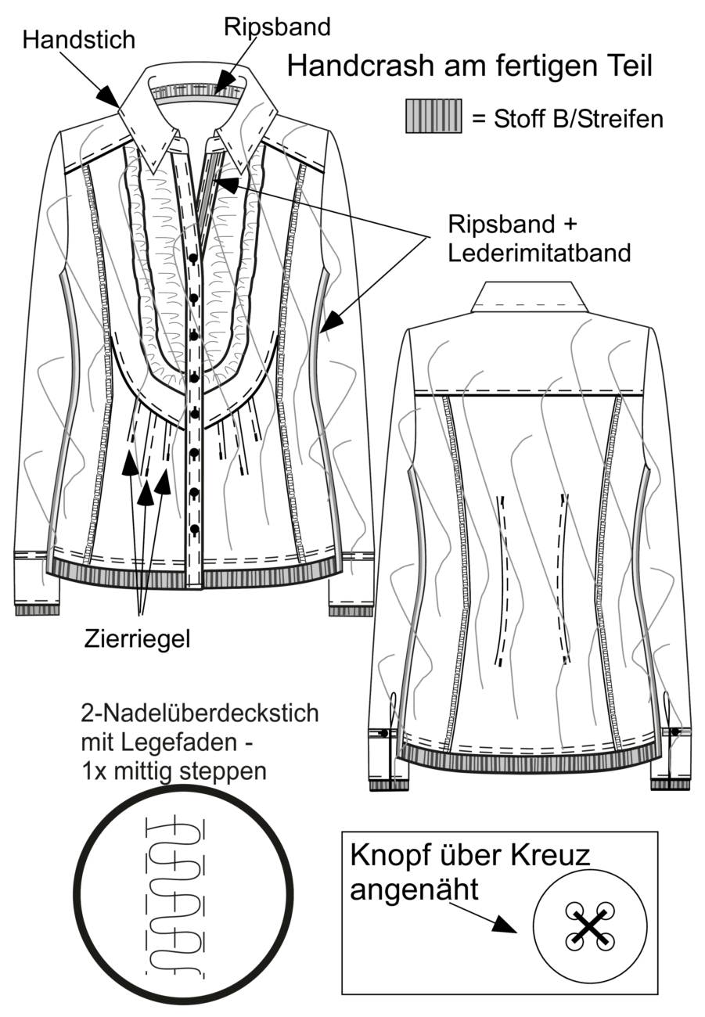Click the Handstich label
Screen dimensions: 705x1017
click(x=79, y=40)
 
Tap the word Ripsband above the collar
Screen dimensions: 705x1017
click(x=277, y=27)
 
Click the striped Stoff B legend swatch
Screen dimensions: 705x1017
click(x=433, y=117)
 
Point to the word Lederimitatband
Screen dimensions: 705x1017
click(x=540, y=253)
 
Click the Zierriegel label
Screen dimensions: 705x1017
click(x=137, y=640)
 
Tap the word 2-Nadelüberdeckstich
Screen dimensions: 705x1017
click(x=200, y=713)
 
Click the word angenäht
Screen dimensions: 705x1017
click(x=414, y=889)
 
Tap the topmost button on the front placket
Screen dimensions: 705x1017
click(x=193, y=259)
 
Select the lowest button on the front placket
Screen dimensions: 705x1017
click(x=195, y=529)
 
